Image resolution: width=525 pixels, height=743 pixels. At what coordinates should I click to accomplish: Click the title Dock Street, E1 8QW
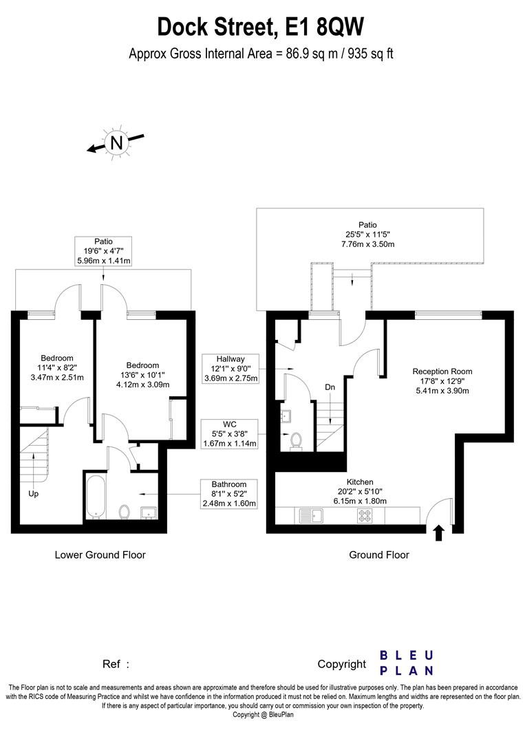coord(261,27)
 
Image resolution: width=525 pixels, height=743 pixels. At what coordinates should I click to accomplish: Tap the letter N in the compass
coord(117,142)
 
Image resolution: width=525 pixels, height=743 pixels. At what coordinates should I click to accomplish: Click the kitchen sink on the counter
coord(314,515)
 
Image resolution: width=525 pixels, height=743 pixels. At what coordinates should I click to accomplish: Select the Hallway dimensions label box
coord(231,368)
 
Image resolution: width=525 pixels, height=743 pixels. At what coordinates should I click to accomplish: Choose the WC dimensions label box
coord(231,433)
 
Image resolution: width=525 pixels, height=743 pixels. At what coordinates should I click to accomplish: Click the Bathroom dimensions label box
coord(228,494)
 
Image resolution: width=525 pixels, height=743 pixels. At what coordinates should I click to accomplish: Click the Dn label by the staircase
coord(330,387)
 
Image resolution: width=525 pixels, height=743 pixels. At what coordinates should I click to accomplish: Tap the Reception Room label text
coord(442,371)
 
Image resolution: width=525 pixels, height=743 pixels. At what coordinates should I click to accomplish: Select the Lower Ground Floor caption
coord(100,554)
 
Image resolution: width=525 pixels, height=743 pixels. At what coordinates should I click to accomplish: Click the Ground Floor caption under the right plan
coord(378,554)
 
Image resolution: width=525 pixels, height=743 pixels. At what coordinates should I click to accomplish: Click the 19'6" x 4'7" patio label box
coord(103,251)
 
